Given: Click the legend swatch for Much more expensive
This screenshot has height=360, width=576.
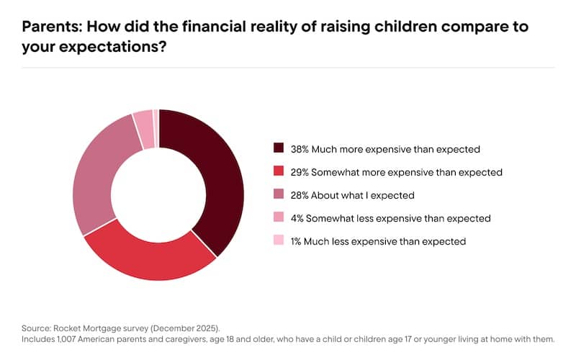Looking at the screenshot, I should pos(279,149).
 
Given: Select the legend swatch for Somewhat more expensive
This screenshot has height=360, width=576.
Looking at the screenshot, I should pos(279,172).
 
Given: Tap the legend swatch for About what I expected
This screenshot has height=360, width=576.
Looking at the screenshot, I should pos(279,195).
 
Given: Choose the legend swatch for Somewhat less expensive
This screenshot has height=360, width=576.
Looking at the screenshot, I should pos(279,217).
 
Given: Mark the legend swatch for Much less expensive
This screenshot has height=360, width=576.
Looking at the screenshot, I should pos(279,240).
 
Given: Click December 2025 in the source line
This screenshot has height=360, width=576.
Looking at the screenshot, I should pos(180,325).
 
